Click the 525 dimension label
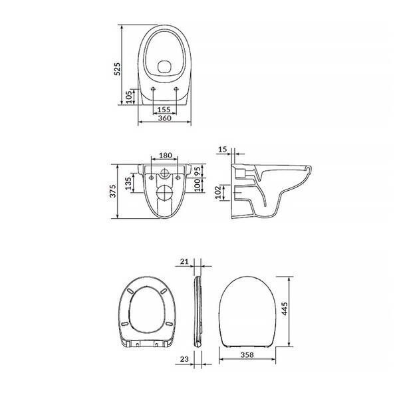point(117,68)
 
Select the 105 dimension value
point(129,97)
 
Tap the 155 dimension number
point(164,110)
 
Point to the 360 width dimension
point(165,118)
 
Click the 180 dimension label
point(166,155)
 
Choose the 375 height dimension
point(113,191)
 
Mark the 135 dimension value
point(128,184)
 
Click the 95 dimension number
point(198,172)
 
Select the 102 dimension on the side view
point(218,192)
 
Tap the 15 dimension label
point(222,150)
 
